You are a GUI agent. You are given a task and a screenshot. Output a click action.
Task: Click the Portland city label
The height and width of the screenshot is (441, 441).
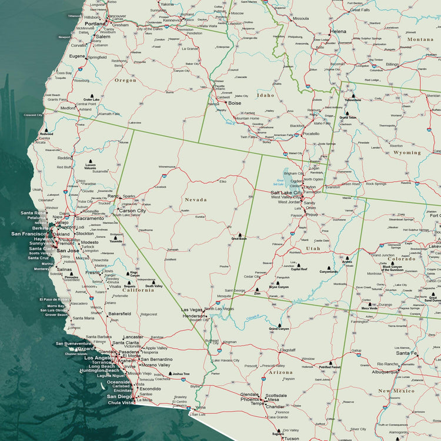[x=95, y=24]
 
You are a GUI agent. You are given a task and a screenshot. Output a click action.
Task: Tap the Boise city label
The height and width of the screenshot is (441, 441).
[x=235, y=103]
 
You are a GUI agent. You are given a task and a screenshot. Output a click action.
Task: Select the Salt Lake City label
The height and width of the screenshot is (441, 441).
[x=286, y=192]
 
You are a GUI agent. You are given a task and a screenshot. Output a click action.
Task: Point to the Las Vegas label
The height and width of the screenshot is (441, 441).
[x=191, y=309]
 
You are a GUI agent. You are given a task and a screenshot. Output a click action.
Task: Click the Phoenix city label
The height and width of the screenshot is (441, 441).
[x=250, y=399]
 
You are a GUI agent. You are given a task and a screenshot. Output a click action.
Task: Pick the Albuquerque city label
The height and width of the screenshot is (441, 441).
[x=385, y=372]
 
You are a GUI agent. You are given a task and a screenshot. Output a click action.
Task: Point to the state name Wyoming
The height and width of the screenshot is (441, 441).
[x=407, y=152]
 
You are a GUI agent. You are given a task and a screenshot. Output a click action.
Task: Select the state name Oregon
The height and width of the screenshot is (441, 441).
[x=125, y=80]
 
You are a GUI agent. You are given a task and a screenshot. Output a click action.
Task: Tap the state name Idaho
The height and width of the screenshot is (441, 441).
[x=265, y=95]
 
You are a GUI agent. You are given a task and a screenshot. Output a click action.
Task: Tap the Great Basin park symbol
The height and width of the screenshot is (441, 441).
[x=239, y=235]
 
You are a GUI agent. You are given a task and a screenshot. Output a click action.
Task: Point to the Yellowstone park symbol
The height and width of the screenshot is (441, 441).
[x=353, y=96]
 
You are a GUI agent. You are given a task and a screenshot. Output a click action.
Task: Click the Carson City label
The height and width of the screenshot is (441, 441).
[x=132, y=211]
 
